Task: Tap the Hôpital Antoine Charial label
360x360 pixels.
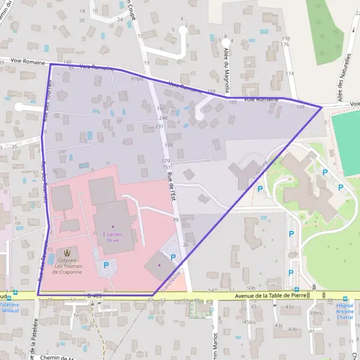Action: (x=344, y=309)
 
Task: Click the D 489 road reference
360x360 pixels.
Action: (x=94, y=295)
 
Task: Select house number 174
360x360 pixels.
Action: (x=290, y=73)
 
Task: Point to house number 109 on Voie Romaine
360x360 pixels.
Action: (x=300, y=107)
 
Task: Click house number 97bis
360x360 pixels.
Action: (x=137, y=79)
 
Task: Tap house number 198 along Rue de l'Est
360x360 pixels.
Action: (x=168, y=145)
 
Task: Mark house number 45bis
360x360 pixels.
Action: (x=250, y=322)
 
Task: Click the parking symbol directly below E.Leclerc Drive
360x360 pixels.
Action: (x=107, y=265)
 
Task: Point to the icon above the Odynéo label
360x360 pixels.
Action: (x=67, y=253)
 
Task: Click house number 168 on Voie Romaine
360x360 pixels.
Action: (x=211, y=91)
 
